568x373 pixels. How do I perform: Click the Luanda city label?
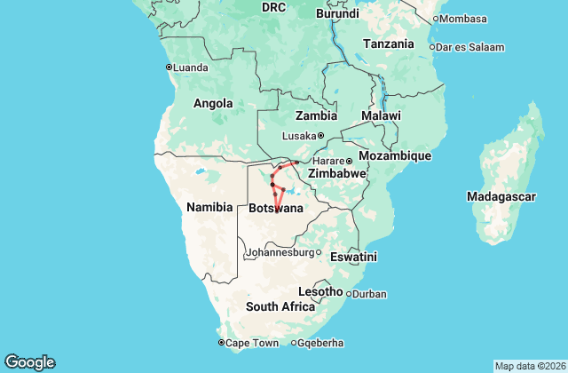[x=190, y=67]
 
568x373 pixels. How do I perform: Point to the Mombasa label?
[x=462, y=19]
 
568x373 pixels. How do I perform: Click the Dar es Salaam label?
[x=469, y=47]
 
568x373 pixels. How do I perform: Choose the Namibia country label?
[x=209, y=207]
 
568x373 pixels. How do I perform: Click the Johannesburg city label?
[x=280, y=252]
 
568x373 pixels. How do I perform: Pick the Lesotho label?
[x=320, y=291]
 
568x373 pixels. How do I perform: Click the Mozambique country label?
[x=396, y=155]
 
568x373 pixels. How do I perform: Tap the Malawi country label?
[x=381, y=116]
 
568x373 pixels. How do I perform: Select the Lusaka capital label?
[x=298, y=136]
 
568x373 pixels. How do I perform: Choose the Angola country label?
[x=213, y=103]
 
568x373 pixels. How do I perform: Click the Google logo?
[x=30, y=362]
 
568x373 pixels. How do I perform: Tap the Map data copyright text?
[x=528, y=366]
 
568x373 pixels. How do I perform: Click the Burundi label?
[x=337, y=14]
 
